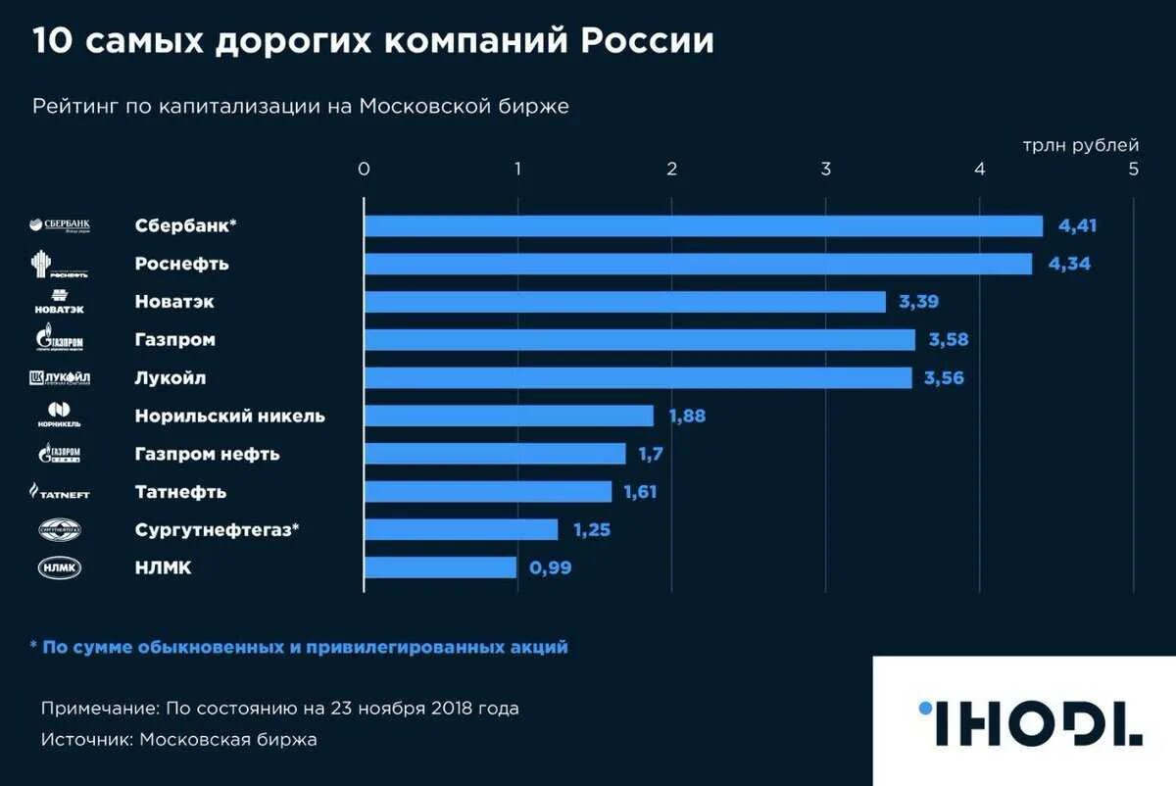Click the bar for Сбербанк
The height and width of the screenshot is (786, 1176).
pos(703,226)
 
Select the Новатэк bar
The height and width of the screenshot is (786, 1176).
pos(624,302)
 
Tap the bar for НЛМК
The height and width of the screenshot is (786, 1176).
pos(440,567)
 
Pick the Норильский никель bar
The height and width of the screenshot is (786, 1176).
pos(509,416)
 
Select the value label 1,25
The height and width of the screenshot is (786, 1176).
pos(592,530)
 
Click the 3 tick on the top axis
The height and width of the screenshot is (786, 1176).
pos(826,169)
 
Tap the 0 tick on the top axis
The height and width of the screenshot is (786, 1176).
pos(364,169)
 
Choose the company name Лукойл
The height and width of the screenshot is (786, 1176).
pos(171,378)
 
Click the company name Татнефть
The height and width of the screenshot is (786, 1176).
pos(180,492)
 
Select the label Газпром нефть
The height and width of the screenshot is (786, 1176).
pos(207,454)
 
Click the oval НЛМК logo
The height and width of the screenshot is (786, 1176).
pos(60,567)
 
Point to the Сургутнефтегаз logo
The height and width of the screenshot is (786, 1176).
pos(60,530)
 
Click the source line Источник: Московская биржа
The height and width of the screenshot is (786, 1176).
pos(179,740)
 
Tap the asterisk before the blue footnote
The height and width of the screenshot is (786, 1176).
pos(33,647)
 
